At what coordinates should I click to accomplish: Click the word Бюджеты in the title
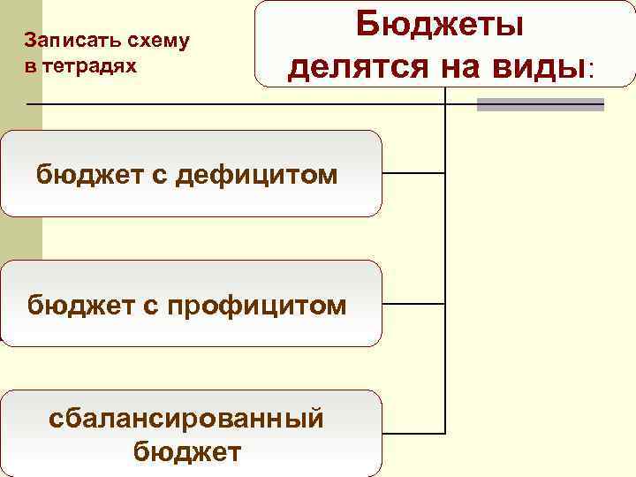[439, 24]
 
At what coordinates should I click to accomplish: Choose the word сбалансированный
[186, 418]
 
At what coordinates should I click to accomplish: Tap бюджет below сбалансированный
[186, 452]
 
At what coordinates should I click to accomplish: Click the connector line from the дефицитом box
[413, 173]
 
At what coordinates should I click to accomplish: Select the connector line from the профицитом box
[413, 303]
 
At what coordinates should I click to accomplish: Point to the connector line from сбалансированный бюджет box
[413, 433]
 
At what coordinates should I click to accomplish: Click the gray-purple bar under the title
[540, 104]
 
